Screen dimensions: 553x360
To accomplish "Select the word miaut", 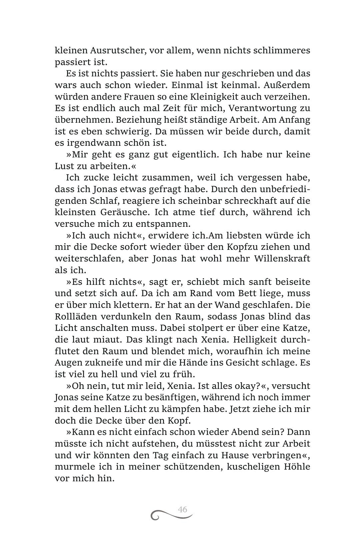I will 107,340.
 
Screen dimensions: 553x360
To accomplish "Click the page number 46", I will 182,510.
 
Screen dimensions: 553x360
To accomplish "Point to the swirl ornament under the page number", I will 172,516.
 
